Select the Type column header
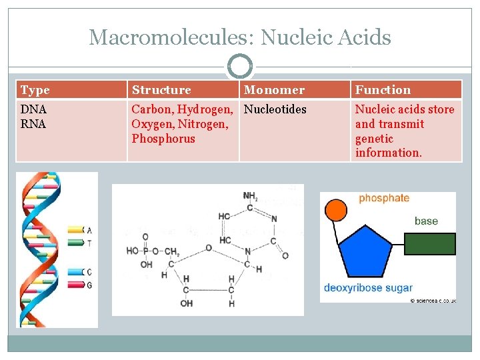pyautogui.click(x=35, y=90)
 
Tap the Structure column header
pyautogui.click(x=161, y=90)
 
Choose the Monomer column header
pyautogui.click(x=274, y=90)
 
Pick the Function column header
pyautogui.click(x=383, y=90)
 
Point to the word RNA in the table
pyautogui.click(x=33, y=124)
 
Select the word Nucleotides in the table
pyautogui.click(x=275, y=109)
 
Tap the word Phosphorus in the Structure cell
pyautogui.click(x=163, y=139)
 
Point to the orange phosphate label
pyautogui.click(x=384, y=198)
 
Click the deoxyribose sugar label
pyautogui.click(x=368, y=288)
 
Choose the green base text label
pyautogui.click(x=426, y=221)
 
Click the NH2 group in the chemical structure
pyautogui.click(x=250, y=196)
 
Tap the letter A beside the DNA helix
pyautogui.click(x=89, y=230)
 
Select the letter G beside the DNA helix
pyautogui.click(x=89, y=285)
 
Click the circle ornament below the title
pyautogui.click(x=239, y=67)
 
